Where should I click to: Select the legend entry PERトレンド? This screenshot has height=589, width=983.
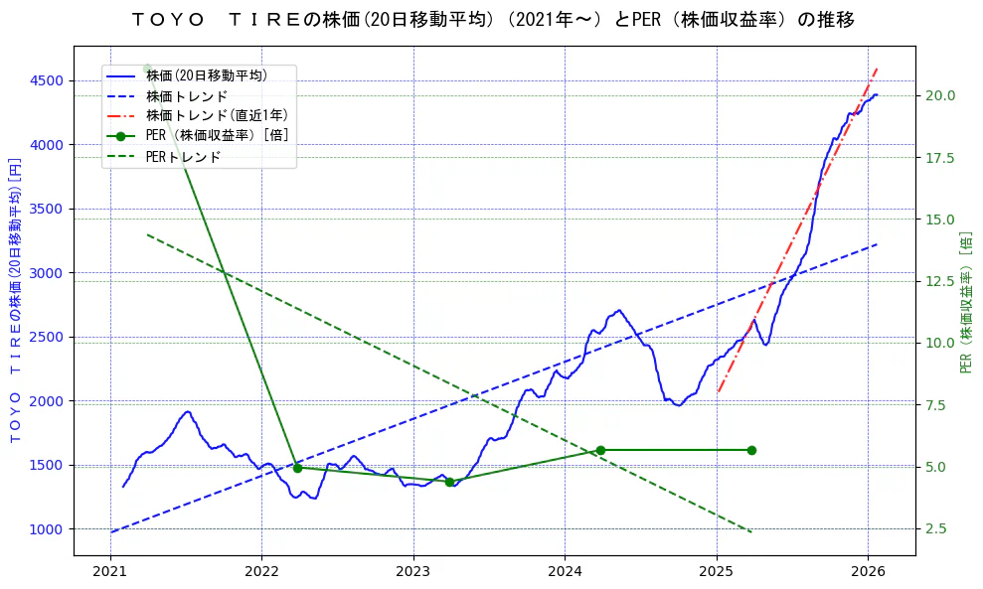pyautogui.click(x=183, y=157)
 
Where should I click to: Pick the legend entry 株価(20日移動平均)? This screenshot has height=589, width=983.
pyautogui.click(x=206, y=74)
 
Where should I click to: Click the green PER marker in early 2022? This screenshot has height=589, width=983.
pyautogui.click(x=297, y=468)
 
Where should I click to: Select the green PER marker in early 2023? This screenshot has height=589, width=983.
pyautogui.click(x=449, y=482)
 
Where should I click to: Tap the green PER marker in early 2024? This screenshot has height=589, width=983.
pyautogui.click(x=600, y=450)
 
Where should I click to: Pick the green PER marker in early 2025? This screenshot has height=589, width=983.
pyautogui.click(x=751, y=450)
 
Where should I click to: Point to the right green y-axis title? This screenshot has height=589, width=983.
pyautogui.click(x=966, y=302)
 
